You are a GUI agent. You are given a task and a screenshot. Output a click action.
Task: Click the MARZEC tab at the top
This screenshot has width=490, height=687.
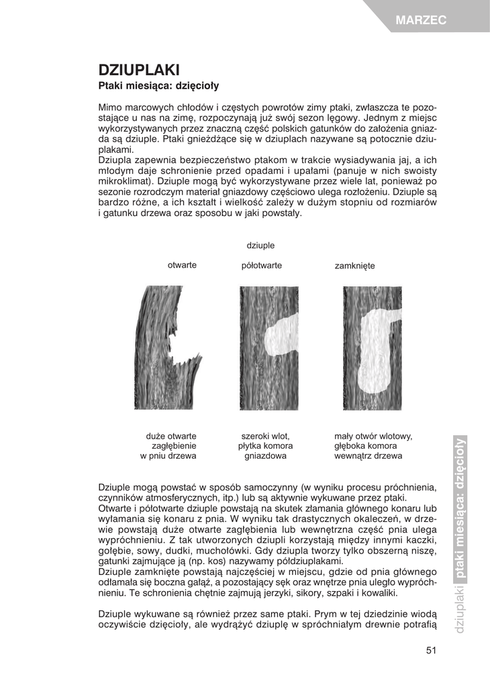[x=421, y=21]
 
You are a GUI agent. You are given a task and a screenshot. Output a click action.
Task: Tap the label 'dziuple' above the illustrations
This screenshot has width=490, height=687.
[x=260, y=246]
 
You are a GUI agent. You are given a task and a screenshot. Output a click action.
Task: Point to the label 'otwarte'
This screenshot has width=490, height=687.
[x=182, y=265]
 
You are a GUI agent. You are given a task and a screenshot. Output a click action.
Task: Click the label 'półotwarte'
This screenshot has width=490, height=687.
[x=261, y=266]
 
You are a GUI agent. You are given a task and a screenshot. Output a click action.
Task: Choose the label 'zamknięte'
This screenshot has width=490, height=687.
[x=354, y=266]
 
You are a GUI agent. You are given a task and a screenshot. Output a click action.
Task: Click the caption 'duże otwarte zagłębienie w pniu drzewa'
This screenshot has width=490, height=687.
[x=168, y=445]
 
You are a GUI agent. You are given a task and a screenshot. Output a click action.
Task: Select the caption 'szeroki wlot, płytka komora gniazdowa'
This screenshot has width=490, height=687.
[x=265, y=445]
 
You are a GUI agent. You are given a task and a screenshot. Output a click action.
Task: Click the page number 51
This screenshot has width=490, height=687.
[x=431, y=649]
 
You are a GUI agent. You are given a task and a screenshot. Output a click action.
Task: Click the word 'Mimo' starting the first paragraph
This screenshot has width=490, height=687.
[x=110, y=107]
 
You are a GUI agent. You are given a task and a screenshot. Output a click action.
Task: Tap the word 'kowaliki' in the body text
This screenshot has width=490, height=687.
[x=379, y=594]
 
